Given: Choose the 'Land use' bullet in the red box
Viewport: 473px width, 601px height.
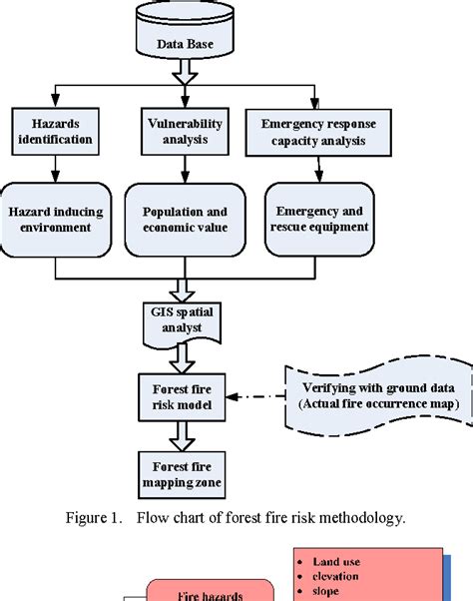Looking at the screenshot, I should pos(339,561).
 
